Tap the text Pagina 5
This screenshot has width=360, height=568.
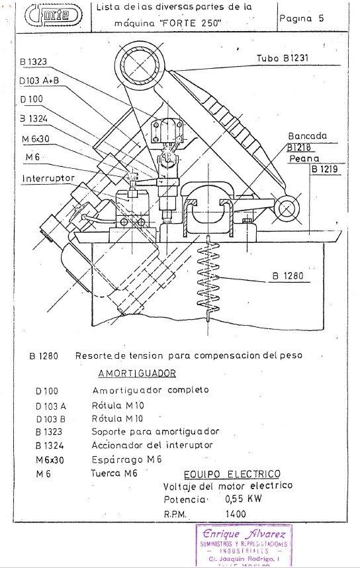pyautogui.click(x=301, y=19)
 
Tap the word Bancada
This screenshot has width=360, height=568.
pyautogui.click(x=308, y=135)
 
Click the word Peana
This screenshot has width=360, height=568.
pyautogui.click(x=304, y=159)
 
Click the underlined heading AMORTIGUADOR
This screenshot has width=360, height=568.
pyautogui.click(x=137, y=373)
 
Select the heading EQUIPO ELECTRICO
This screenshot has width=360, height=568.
pyautogui.click(x=230, y=474)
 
